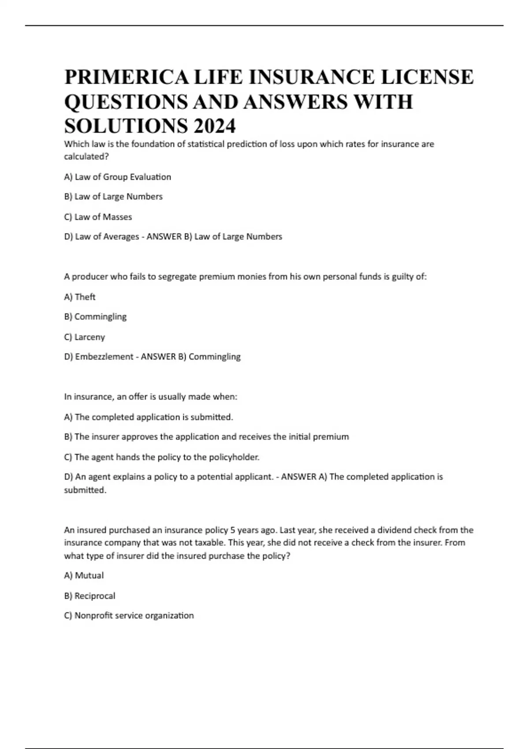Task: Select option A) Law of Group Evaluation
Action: click(x=117, y=177)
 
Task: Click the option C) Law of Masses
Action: click(x=98, y=217)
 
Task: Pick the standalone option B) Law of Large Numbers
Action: click(x=113, y=197)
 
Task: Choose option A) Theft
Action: click(x=80, y=297)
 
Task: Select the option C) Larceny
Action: click(x=85, y=337)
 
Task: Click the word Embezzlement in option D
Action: click(x=104, y=356)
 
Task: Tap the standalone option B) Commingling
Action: click(x=95, y=317)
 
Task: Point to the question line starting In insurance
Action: click(x=151, y=397)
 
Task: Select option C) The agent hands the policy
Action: click(x=162, y=457)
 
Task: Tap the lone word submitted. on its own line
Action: click(x=85, y=490)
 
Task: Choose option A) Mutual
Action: click(x=84, y=575)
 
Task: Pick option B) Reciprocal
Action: click(x=89, y=596)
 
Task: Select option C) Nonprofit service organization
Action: click(x=129, y=616)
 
